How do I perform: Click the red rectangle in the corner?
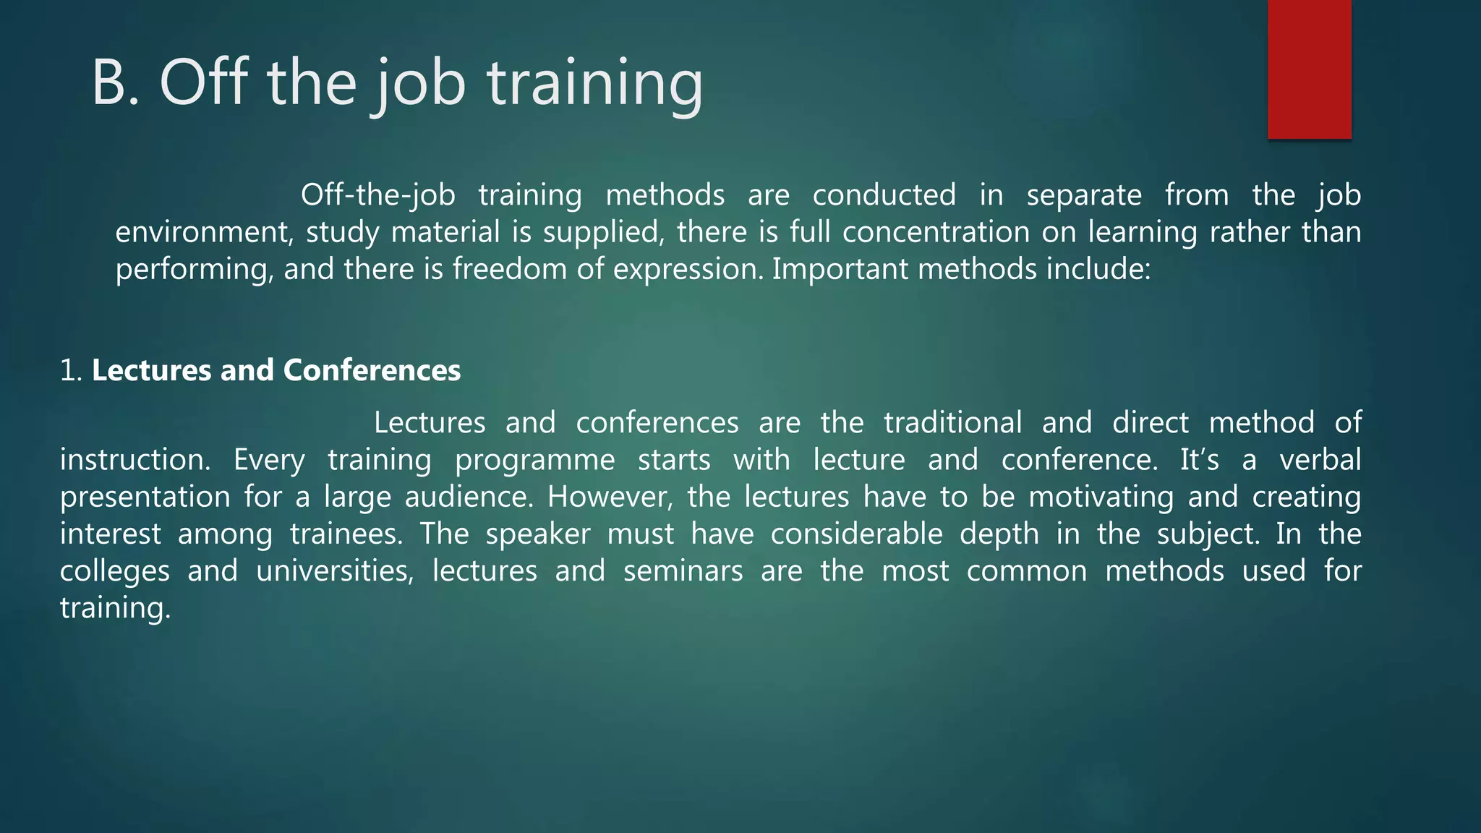[x=1309, y=69]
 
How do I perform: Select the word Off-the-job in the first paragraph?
[x=377, y=195]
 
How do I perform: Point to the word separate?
[x=1084, y=195]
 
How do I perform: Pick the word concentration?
[x=936, y=233]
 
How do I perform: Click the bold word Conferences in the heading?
[x=372, y=371]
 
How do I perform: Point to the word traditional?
[x=952, y=423]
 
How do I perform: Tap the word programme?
[x=534, y=461]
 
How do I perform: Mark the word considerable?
[x=856, y=534]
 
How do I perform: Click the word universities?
[x=335, y=571]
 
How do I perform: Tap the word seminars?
[x=683, y=571]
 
